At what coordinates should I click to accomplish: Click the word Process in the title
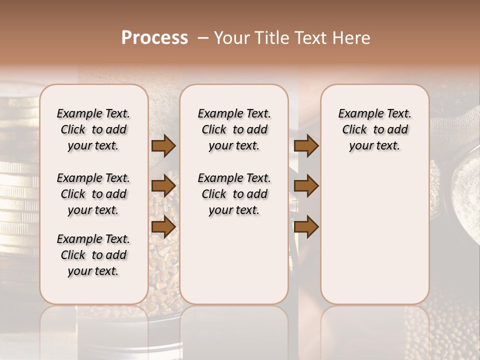(x=154, y=38)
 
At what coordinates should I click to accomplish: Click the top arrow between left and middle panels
(x=163, y=146)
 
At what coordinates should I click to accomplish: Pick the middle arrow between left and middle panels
(x=163, y=186)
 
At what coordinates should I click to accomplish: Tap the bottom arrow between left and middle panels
(x=163, y=227)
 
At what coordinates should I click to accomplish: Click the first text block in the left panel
(x=93, y=129)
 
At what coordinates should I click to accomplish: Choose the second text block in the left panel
(x=93, y=194)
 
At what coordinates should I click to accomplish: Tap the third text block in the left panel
(x=93, y=255)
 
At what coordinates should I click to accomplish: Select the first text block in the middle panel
(x=234, y=129)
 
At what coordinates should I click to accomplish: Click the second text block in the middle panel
(x=234, y=194)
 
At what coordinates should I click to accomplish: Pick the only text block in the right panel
(x=375, y=129)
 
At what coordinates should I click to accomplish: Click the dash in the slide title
(x=203, y=38)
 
